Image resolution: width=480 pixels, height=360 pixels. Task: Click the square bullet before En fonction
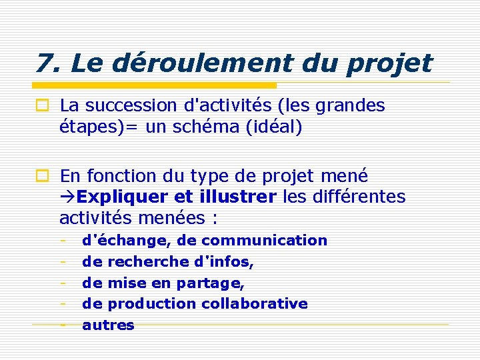click(42, 177)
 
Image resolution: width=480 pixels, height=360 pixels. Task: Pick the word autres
click(108, 325)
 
